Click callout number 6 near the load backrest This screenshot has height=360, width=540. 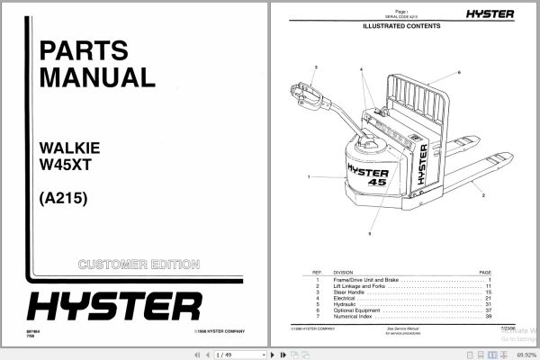(x=458, y=71)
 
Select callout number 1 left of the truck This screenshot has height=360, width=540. (x=308, y=177)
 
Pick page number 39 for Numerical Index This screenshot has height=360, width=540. (x=489, y=317)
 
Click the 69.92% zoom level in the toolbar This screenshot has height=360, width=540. (x=522, y=355)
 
